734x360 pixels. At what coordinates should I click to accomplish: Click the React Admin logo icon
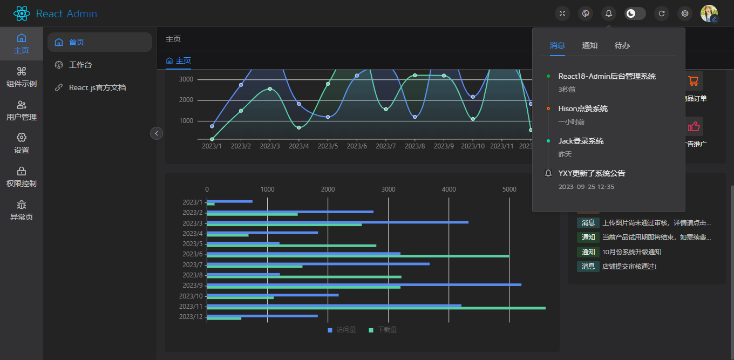[22, 13]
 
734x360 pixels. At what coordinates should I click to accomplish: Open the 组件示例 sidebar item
[22, 77]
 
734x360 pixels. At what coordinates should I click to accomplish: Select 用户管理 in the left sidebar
[22, 110]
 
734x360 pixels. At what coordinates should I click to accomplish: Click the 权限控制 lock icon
[22, 171]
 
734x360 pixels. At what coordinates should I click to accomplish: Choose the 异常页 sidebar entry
[22, 210]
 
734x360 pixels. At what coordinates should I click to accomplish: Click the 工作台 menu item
[80, 65]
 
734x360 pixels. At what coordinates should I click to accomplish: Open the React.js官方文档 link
[97, 87]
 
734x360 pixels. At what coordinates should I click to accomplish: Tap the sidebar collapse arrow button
[157, 133]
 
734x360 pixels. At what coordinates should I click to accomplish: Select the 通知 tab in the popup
[590, 45]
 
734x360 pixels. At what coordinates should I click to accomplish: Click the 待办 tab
[622, 45]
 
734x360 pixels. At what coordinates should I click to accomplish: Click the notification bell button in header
[609, 13]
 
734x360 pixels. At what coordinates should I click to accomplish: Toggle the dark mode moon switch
[635, 13]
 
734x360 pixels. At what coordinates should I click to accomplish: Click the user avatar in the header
[709, 13]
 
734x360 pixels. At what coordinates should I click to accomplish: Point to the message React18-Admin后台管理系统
[607, 77]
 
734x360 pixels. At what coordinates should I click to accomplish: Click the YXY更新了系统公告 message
[592, 173]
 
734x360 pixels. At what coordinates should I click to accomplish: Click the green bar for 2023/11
[376, 308]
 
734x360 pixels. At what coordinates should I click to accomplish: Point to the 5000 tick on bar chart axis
[509, 189]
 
